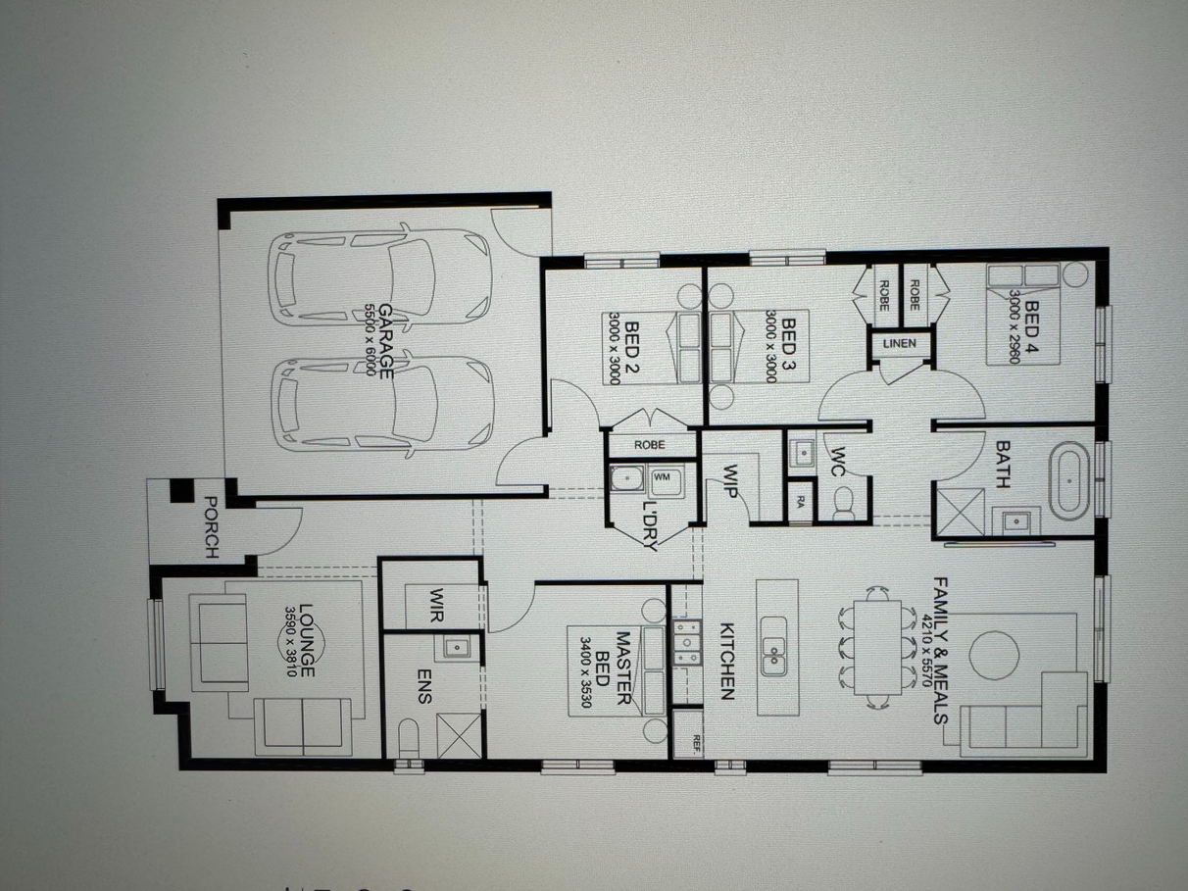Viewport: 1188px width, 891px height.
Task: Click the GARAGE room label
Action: click(386, 341)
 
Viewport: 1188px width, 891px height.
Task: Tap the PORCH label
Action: click(212, 527)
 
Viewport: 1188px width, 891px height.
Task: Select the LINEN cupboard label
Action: click(900, 343)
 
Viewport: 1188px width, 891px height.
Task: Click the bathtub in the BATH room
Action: click(1069, 481)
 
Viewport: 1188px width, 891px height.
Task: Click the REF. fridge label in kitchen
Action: click(697, 744)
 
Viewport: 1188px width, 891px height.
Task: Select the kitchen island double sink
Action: click(774, 646)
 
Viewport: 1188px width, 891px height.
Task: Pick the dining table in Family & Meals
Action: click(877, 648)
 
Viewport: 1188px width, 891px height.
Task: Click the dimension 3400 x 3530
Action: click(585, 672)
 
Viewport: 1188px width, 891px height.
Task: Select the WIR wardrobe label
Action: click(436, 605)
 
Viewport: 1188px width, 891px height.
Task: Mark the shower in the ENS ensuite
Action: click(459, 735)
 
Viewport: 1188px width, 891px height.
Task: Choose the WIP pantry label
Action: click(730, 481)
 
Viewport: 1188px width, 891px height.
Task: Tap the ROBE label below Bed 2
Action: click(650, 445)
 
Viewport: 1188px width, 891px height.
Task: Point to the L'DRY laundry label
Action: click(651, 525)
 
